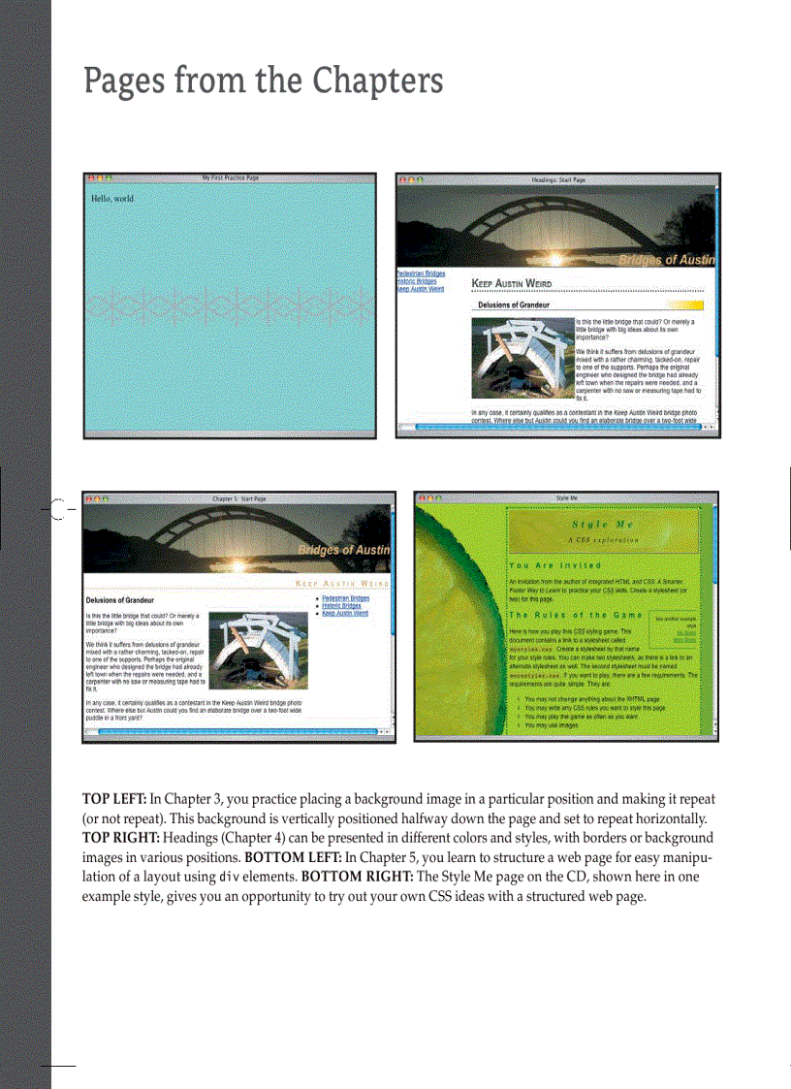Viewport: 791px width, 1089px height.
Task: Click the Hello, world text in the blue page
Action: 112,199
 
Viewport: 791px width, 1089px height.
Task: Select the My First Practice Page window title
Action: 230,178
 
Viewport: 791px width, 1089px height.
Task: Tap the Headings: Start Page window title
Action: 558,180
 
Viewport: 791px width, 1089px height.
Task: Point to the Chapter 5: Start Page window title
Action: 238,498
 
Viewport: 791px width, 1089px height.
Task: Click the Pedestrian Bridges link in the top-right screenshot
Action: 421,273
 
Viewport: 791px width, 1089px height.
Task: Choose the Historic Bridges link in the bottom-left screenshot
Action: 341,606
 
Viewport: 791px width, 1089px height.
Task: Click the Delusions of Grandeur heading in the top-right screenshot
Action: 514,305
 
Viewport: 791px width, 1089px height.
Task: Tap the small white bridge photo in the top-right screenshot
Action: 522,356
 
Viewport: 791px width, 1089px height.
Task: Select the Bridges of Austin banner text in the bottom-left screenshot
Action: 343,550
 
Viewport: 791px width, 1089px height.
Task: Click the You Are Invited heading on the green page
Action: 554,565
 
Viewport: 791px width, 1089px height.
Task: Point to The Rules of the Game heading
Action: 576,615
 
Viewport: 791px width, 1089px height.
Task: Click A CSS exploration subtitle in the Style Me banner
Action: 603,539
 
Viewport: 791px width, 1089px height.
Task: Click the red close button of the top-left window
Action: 90,178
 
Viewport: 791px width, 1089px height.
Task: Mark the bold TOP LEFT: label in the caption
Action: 113,799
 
